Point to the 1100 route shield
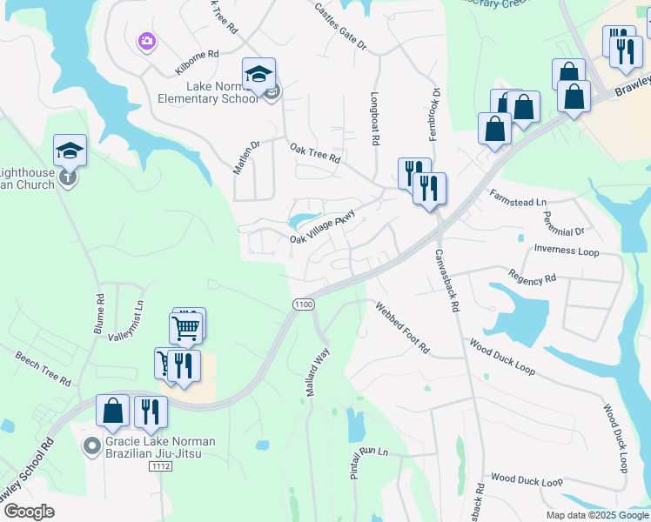[303, 304]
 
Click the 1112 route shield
[159, 467]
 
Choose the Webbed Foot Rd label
[402, 328]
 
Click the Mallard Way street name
[317, 372]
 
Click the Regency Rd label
[533, 279]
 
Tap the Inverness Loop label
[567, 250]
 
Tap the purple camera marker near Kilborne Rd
[146, 41]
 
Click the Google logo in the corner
[29, 512]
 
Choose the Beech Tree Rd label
[44, 369]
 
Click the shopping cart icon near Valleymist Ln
[185, 328]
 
